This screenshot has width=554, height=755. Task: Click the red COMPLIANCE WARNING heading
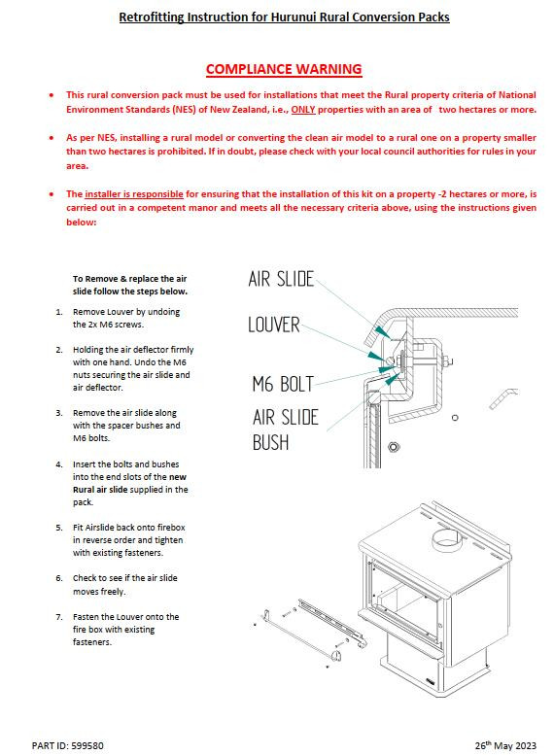[284, 69]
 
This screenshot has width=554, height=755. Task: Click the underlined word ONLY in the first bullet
[303, 109]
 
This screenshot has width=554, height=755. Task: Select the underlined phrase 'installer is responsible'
[134, 194]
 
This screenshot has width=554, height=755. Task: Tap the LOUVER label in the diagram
[274, 325]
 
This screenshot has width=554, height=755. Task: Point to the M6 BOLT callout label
[283, 384]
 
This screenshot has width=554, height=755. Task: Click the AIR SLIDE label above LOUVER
[281, 279]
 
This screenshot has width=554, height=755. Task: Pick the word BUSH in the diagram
[271, 442]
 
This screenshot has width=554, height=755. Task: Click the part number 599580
[87, 746]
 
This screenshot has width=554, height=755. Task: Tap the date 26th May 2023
[505, 745]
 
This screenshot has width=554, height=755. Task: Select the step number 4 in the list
[58, 464]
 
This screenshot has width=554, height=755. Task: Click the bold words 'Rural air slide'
[100, 490]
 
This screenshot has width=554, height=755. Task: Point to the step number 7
[58, 617]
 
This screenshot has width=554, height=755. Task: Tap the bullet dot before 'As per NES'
[52, 138]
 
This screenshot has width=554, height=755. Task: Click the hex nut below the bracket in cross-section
[394, 447]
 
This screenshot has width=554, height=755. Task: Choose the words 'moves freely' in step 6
[99, 592]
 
